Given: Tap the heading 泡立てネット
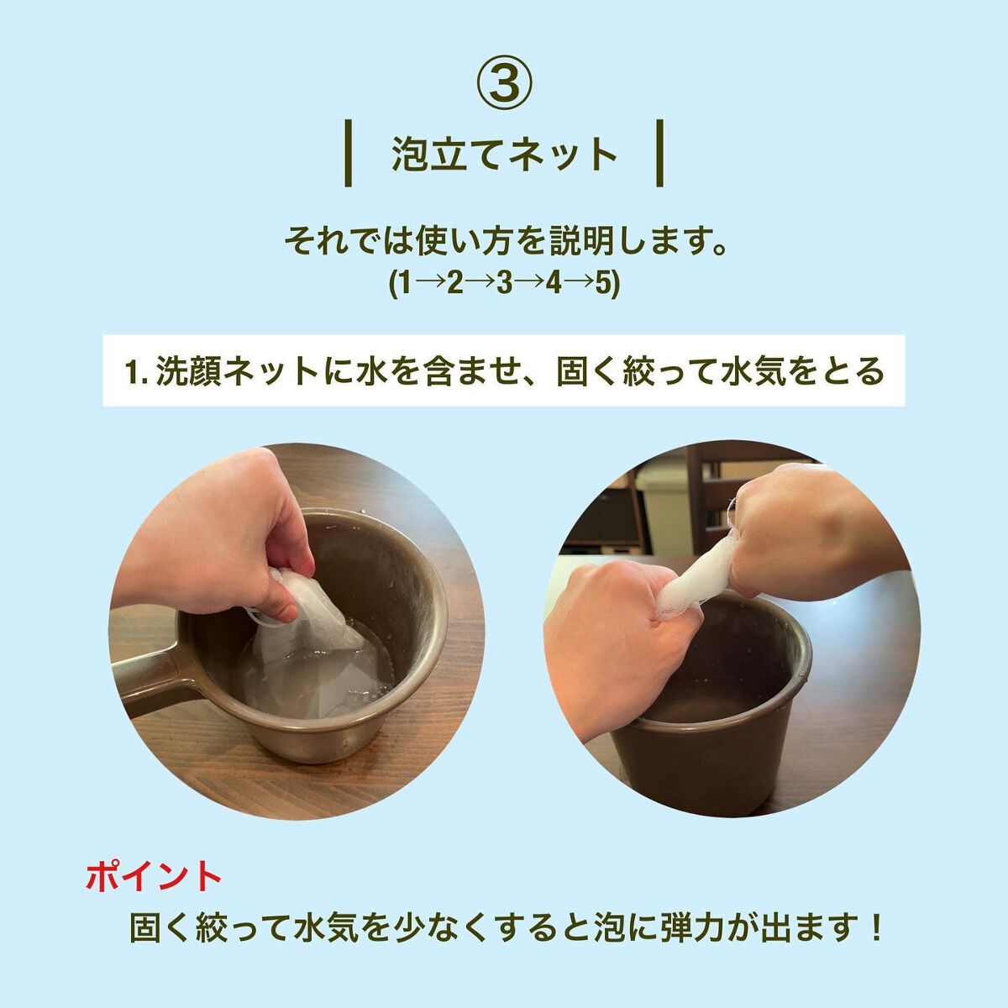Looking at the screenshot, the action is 504,155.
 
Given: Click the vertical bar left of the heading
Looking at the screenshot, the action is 349,153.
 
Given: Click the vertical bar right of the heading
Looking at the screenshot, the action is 659,153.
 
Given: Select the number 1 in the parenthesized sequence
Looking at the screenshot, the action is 405,285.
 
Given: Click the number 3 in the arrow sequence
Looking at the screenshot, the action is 504,285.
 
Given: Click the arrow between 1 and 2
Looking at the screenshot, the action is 429,286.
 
